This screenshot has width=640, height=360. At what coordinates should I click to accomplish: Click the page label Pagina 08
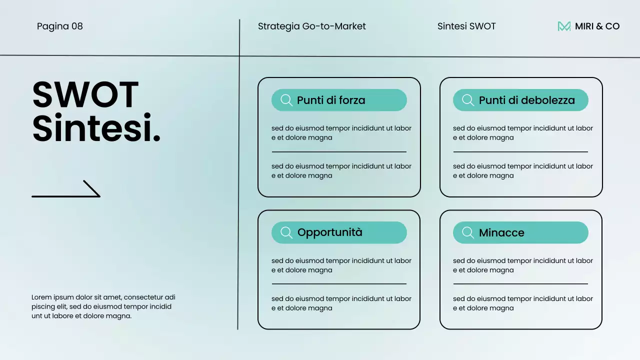[59, 26]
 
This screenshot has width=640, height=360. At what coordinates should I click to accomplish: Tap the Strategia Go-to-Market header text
[311, 26]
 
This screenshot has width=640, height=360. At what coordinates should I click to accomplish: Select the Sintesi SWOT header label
[466, 26]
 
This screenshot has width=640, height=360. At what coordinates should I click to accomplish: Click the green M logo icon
[564, 26]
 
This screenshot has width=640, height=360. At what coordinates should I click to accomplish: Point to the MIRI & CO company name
[597, 26]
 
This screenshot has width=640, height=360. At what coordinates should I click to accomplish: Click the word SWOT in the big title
[85, 94]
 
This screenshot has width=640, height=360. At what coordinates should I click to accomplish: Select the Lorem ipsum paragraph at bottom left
[103, 306]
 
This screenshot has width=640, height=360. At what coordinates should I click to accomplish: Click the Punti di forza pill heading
[339, 100]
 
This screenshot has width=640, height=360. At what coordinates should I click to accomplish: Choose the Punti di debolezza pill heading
[520, 100]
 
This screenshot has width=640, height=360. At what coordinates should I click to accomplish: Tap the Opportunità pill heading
[339, 232]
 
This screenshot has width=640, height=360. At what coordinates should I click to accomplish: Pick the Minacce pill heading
[520, 232]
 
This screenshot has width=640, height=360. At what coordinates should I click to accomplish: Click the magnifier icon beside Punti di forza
[286, 100]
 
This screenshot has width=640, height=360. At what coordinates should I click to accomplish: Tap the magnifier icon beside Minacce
[468, 232]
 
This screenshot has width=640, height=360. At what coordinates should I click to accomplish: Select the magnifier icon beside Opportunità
[286, 232]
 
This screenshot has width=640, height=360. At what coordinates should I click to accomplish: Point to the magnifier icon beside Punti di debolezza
[468, 100]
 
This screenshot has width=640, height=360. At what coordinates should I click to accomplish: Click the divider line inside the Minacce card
[520, 283]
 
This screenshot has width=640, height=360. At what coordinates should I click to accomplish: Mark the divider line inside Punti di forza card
[339, 151]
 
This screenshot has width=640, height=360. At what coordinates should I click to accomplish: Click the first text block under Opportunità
[341, 265]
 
